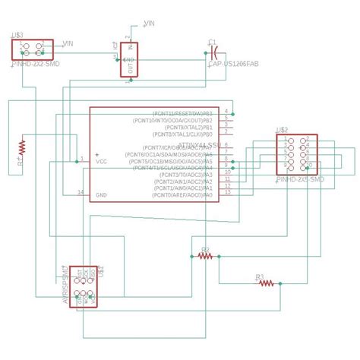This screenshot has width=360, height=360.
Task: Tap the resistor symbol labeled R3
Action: [x=266, y=283]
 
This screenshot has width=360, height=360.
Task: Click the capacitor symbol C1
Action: [x=215, y=53]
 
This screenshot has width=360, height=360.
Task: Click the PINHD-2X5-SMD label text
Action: [x=300, y=179]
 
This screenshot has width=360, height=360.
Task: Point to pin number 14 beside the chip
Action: [x=81, y=192]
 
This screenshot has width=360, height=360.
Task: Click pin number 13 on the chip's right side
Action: [x=227, y=192]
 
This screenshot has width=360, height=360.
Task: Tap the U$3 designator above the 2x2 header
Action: [x=17, y=36]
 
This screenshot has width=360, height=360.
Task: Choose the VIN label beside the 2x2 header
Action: [x=68, y=43]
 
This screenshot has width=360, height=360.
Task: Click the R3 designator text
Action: [x=259, y=276]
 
